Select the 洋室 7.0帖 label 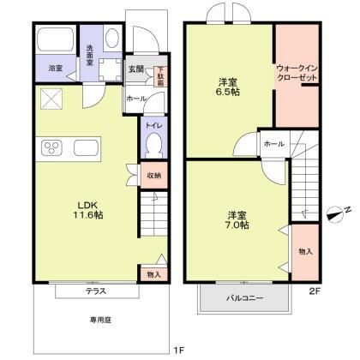237,219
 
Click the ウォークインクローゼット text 297,72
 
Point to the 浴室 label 53,68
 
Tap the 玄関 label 135,68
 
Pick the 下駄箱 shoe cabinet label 159,75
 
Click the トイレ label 151,125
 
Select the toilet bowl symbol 152,147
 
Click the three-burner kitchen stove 52,148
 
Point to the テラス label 95,291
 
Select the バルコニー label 244,298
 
